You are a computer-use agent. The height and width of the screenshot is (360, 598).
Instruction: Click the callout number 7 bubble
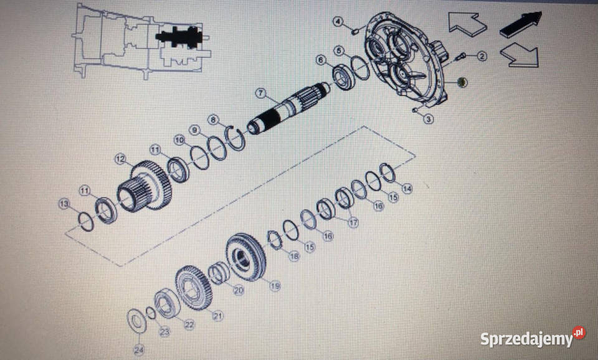(x=260, y=93)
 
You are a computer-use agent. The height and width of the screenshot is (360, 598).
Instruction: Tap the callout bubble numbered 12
(x=120, y=159)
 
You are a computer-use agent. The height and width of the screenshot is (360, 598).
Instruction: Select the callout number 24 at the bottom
(x=139, y=349)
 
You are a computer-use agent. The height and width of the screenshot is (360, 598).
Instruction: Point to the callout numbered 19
(x=275, y=285)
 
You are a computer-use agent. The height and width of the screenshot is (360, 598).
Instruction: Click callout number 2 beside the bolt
(x=482, y=57)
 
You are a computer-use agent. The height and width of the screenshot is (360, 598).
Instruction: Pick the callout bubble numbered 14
(x=407, y=188)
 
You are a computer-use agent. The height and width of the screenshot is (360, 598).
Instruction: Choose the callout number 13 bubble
(x=64, y=204)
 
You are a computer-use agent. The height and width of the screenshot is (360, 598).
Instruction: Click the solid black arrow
(x=521, y=25)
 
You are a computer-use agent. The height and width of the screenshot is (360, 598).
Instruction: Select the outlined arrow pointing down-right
(x=520, y=55)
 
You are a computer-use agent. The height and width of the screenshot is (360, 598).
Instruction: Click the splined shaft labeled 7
(x=288, y=109)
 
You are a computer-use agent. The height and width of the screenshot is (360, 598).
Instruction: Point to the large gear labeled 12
(x=146, y=186)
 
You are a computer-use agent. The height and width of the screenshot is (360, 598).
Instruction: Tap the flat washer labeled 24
(x=136, y=321)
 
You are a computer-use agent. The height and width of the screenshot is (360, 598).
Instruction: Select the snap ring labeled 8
(x=235, y=138)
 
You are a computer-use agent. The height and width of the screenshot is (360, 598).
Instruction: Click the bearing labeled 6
(x=344, y=77)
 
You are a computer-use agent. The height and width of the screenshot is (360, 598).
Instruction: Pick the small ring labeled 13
(x=85, y=222)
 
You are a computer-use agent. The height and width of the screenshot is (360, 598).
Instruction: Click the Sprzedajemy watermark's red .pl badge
(x=579, y=333)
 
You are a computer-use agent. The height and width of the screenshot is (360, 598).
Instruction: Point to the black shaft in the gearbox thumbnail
(x=181, y=37)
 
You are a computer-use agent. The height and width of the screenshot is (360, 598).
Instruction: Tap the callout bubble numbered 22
(x=189, y=325)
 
